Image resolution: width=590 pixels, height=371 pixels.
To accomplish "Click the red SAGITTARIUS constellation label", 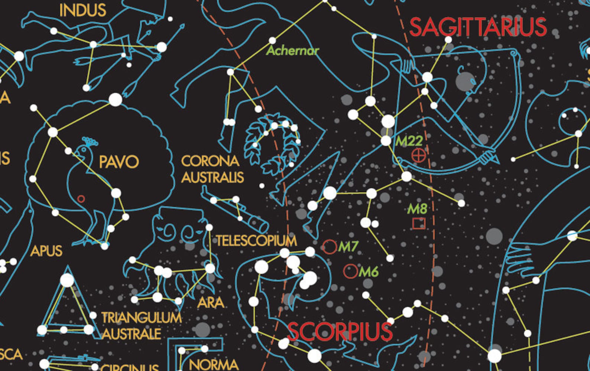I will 478,27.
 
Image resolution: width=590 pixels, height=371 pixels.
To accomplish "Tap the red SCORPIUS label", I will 340,332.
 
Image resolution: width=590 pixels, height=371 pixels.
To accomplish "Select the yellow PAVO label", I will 119,162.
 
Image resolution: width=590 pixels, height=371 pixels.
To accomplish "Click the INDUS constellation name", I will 82,10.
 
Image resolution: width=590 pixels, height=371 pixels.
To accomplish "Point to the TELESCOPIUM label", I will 256,241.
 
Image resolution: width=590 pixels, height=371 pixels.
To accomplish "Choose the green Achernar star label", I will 292,51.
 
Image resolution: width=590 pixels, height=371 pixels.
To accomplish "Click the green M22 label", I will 409,141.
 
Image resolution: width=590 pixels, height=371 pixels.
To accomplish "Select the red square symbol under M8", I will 419,223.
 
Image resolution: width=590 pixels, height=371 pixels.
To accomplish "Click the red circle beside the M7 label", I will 329,247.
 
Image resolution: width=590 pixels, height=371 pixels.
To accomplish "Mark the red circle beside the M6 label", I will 350,271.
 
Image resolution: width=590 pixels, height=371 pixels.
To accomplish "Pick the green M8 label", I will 417,209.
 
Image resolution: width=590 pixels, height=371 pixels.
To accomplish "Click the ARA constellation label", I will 211,303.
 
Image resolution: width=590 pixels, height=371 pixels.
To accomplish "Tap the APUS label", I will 46,251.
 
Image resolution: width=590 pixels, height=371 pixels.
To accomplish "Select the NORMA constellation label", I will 214,364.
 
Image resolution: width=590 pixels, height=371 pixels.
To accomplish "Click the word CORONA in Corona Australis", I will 210,161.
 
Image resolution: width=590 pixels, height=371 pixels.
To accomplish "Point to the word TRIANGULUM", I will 142,318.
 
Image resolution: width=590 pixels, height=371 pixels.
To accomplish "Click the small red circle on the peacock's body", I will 81,199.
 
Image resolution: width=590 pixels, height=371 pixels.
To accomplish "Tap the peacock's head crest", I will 90,141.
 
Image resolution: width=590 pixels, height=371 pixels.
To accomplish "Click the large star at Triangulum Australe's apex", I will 67,280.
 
